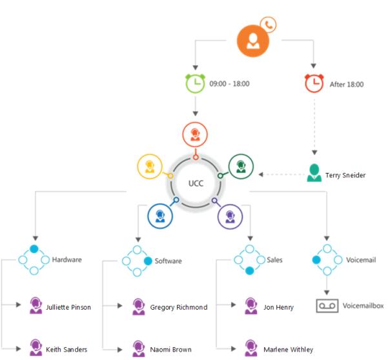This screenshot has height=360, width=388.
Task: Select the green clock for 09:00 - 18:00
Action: (194, 83)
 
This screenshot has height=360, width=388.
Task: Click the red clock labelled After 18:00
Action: (314, 83)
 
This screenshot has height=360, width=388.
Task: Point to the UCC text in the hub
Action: (195, 183)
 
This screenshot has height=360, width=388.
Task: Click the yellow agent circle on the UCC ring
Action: (150, 166)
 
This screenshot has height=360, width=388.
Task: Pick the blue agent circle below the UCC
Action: (160, 215)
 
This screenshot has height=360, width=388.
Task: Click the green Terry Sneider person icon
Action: (314, 174)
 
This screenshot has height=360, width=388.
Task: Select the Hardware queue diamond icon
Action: (34, 260)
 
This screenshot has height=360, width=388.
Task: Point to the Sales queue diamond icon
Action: (249, 260)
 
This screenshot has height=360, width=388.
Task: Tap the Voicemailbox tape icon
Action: (327, 305)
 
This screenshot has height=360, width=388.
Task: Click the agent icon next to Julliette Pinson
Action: (36, 306)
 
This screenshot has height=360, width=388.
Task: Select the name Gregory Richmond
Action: (178, 307)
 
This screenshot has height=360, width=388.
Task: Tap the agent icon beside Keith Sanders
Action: (36, 348)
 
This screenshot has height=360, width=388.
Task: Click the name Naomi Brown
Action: (170, 350)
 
